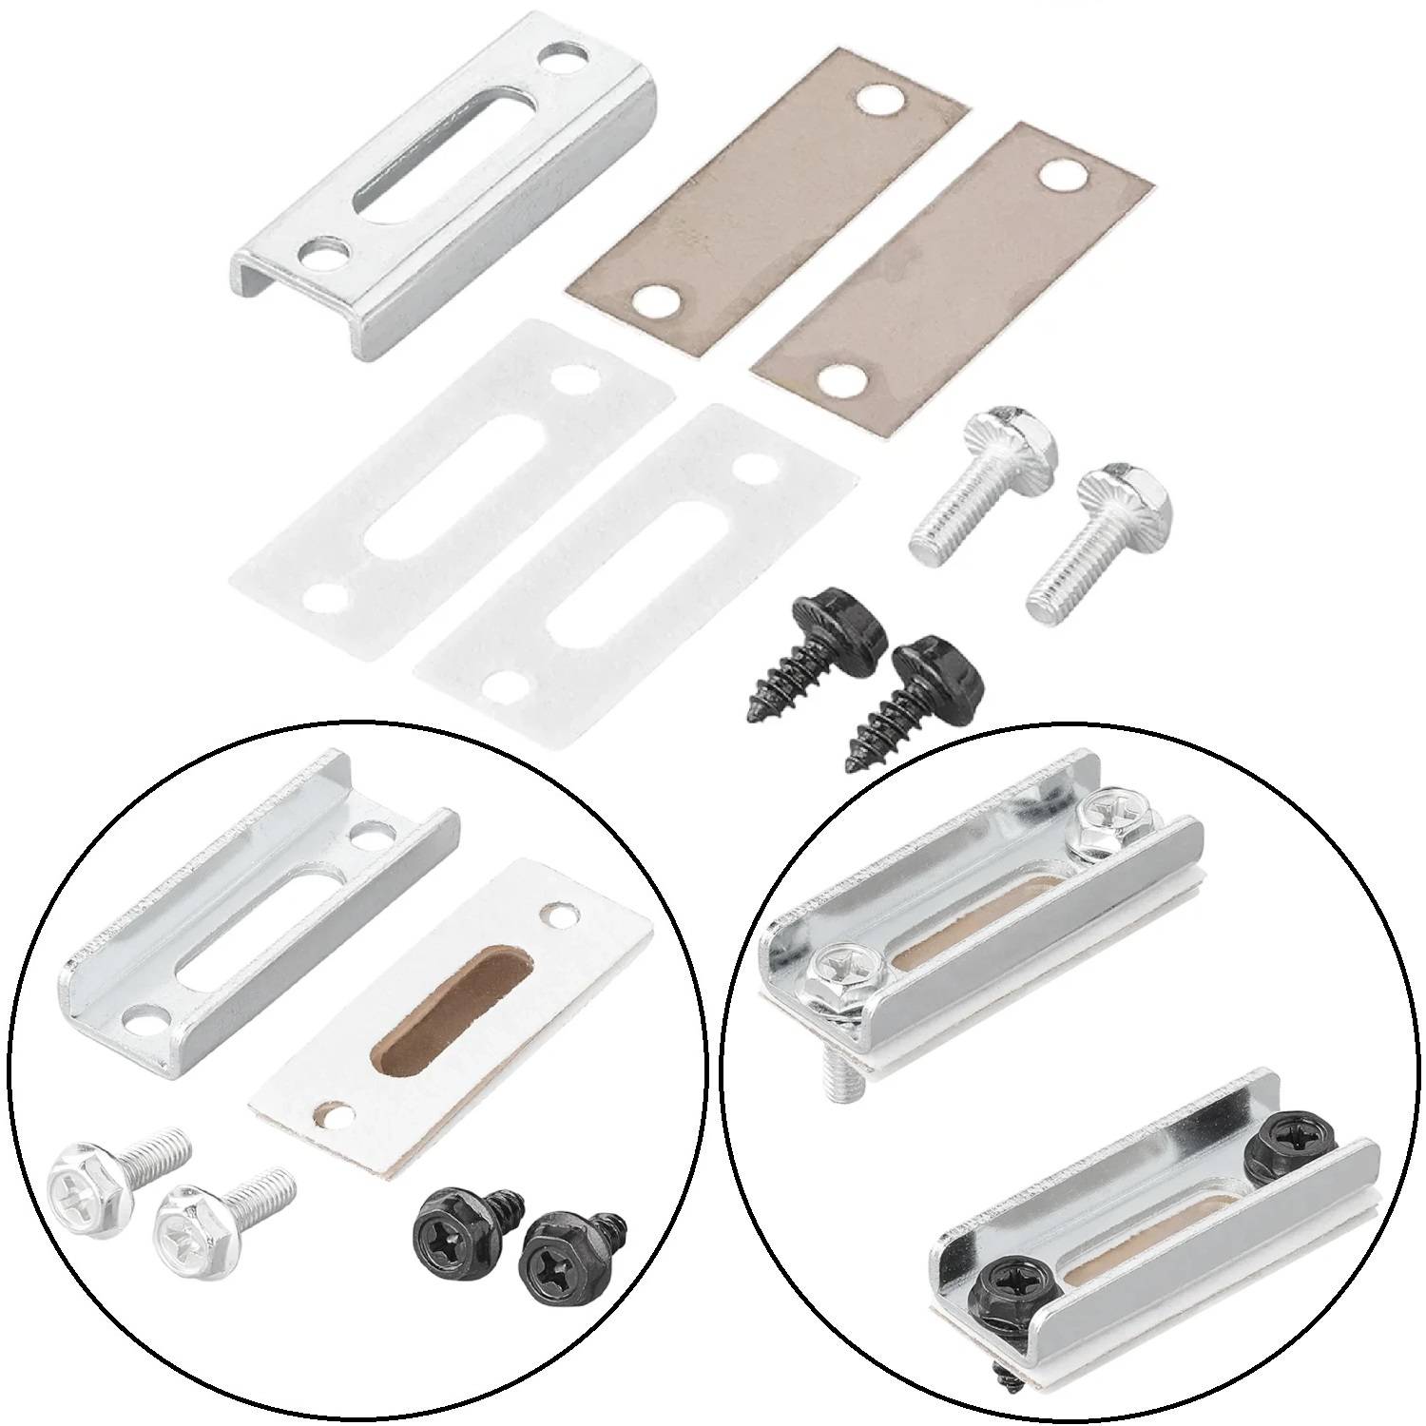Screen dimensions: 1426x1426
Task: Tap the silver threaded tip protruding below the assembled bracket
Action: pyautogui.click(x=842, y=1080)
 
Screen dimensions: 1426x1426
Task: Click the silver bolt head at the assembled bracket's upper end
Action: pyautogui.click(x=1108, y=815)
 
